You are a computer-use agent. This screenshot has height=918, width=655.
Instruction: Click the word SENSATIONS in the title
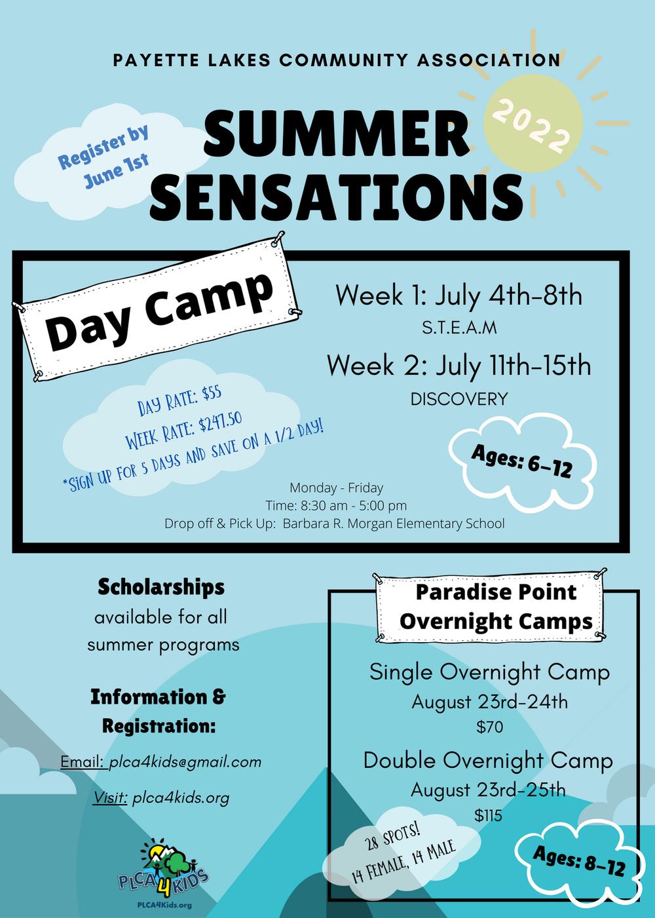(x=337, y=197)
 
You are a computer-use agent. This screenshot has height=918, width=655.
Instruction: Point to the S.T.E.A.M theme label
(x=459, y=328)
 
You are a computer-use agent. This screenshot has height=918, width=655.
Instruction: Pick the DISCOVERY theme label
(x=458, y=399)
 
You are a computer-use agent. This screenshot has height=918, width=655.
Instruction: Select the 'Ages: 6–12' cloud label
(x=521, y=462)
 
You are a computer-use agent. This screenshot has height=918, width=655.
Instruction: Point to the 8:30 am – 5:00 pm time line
(x=336, y=505)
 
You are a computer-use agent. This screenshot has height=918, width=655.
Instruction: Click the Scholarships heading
(x=161, y=587)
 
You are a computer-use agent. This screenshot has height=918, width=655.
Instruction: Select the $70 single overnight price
(x=489, y=727)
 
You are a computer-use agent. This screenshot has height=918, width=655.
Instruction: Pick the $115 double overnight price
(x=488, y=816)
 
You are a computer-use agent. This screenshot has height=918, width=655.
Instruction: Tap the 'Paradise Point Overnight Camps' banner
(x=490, y=607)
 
